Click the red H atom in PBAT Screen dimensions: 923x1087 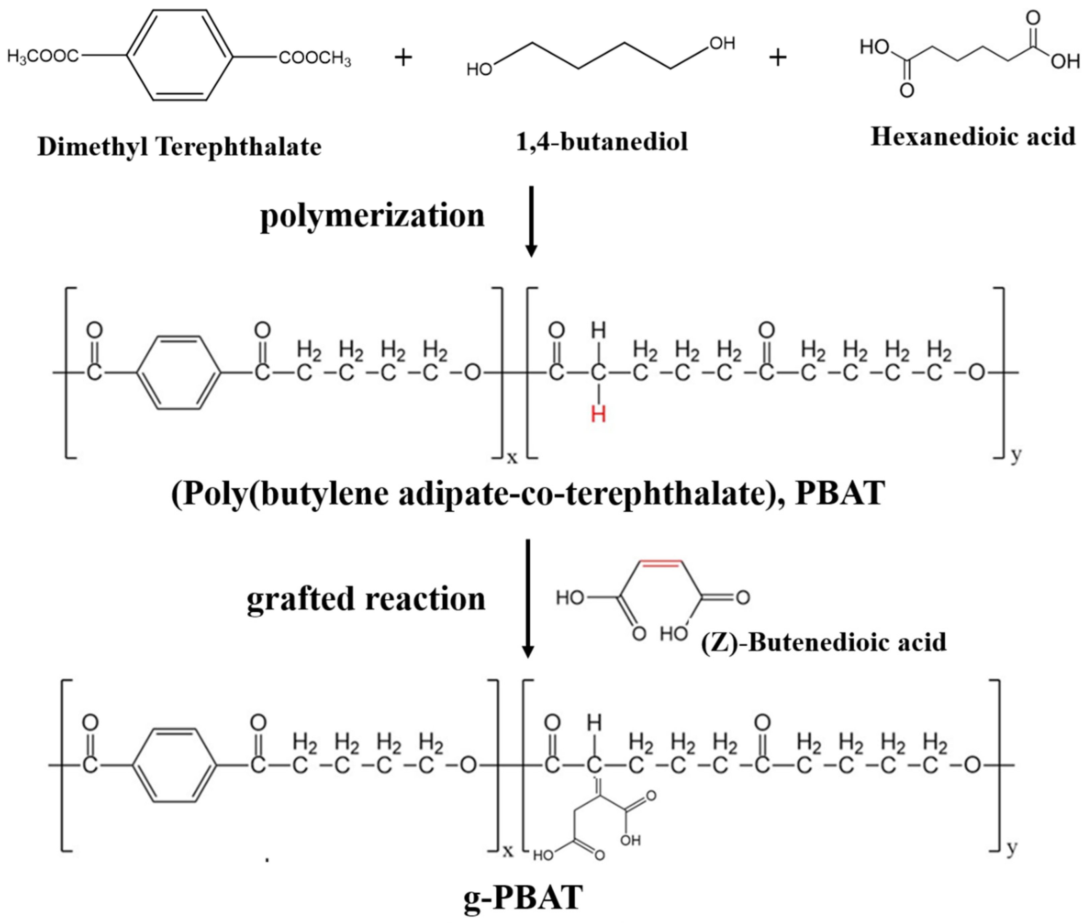[598, 414]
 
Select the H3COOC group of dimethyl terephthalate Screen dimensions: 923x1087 [43, 56]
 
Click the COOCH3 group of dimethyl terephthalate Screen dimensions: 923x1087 [314, 58]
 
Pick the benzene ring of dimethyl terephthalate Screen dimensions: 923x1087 [180, 55]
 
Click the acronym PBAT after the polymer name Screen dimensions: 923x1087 [840, 493]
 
